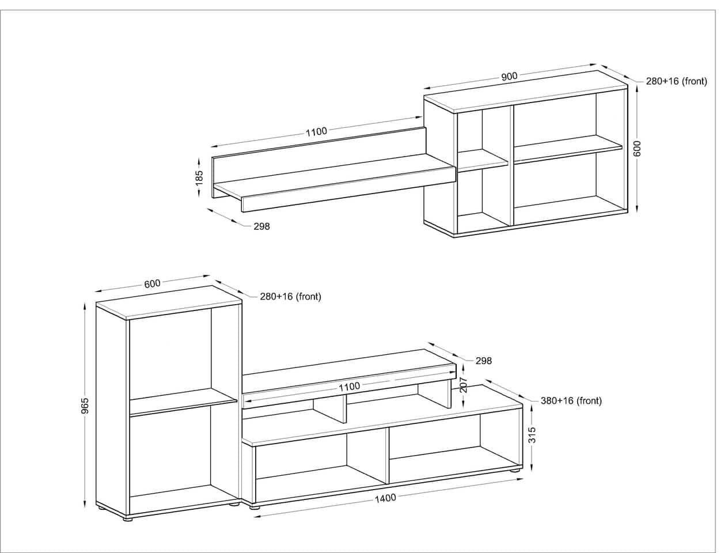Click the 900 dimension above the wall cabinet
tap(509, 76)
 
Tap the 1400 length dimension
tap(385, 498)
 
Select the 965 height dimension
tap(85, 406)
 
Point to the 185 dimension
tap(199, 178)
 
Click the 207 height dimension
tap(464, 385)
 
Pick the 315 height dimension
tap(532, 435)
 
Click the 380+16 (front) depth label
tap(571, 401)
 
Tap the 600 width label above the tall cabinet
tap(152, 283)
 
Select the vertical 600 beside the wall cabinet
tap(637, 149)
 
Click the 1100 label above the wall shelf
tap(316, 132)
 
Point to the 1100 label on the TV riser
tap(349, 387)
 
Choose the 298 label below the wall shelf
tap(261, 226)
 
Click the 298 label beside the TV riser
tap(484, 361)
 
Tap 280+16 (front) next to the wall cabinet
tap(677, 81)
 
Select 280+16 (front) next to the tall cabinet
tap(290, 297)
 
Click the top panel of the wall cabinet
tap(526, 92)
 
